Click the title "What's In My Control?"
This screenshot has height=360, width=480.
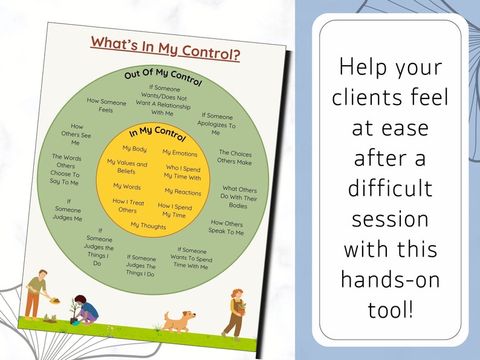coord(165,49)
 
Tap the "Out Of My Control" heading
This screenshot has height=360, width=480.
coord(163,77)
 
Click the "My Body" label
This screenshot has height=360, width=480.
coord(134,148)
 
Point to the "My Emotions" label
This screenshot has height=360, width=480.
coord(180,153)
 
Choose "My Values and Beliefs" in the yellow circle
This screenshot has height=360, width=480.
coord(127,167)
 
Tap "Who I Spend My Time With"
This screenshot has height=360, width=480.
coord(182,172)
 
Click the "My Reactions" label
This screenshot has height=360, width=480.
coord(183,192)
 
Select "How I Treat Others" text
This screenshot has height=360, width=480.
coord(128,206)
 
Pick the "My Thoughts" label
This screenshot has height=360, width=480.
coord(148,226)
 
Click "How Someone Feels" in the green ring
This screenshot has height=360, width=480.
coord(106,106)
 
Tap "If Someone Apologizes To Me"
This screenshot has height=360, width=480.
coord(216,124)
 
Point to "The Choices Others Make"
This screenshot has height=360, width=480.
coord(235,158)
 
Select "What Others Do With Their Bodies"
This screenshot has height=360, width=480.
coord(239,198)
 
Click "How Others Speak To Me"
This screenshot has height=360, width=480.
coord(226,227)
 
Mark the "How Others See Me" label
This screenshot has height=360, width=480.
coord(76,135)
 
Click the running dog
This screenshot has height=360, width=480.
coord(180,321)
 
